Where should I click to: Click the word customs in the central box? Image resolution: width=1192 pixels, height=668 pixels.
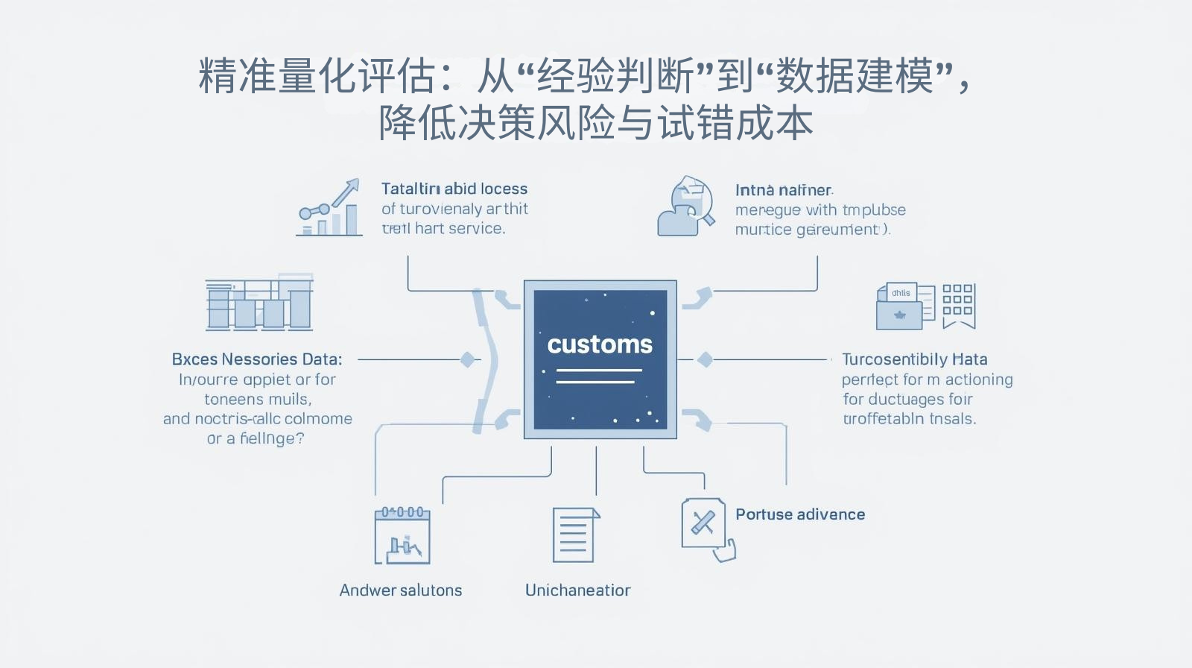point(600,344)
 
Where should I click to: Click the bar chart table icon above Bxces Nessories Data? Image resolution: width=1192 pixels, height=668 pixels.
point(259,303)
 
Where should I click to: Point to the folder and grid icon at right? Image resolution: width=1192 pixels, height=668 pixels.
point(925,306)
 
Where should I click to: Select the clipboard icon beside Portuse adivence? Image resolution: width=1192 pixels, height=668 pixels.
point(705,525)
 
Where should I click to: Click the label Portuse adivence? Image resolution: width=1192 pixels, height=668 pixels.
point(800,514)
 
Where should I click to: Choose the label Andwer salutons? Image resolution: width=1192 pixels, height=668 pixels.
point(401,590)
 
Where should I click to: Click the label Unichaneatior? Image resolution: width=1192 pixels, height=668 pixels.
point(577,590)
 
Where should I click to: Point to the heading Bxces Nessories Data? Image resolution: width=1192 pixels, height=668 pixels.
point(257,359)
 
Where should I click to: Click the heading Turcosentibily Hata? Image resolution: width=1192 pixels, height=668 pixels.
point(914,359)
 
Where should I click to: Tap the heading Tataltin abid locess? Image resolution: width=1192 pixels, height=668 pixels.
point(454,189)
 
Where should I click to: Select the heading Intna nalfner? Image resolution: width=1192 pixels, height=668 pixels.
point(784,190)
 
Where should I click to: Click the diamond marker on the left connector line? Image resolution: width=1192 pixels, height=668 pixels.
point(467,359)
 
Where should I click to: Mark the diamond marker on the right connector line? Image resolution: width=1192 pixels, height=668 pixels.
point(705,359)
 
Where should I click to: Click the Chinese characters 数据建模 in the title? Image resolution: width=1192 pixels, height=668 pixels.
point(854,76)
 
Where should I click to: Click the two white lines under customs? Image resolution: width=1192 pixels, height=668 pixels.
point(597,376)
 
